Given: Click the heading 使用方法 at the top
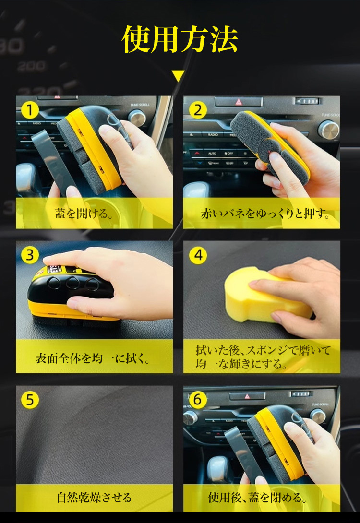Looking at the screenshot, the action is pyautogui.click(x=180, y=39).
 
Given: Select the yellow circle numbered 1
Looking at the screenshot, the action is pyautogui.click(x=30, y=110).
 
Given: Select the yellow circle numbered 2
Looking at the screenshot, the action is pyautogui.click(x=198, y=110).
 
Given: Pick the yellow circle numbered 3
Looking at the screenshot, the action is pyautogui.click(x=30, y=255).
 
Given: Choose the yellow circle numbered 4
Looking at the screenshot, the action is pyautogui.click(x=198, y=255).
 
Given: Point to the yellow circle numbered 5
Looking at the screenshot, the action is pyautogui.click(x=30, y=400).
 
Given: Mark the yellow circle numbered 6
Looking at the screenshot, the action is pyautogui.click(x=198, y=400).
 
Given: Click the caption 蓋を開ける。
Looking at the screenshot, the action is pyautogui.click(x=84, y=214).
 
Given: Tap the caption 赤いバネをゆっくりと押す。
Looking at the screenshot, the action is pyautogui.click(x=265, y=214).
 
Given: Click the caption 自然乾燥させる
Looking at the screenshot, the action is pyautogui.click(x=94, y=497).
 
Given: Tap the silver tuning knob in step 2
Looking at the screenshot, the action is pyautogui.click(x=328, y=130).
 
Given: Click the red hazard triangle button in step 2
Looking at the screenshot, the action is pyautogui.click(x=239, y=102).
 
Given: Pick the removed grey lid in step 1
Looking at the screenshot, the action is pyautogui.click(x=53, y=160).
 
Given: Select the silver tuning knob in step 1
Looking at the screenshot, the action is pyautogui.click(x=137, y=118).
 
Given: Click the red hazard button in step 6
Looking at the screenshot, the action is pyautogui.click(x=247, y=396).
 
